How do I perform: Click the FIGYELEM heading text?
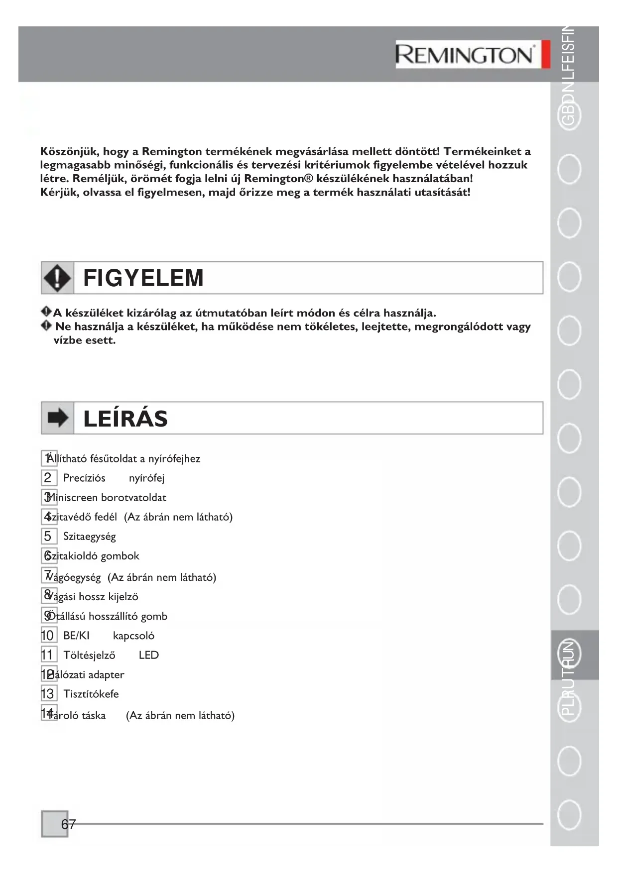pos(143,278)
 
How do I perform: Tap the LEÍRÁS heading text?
pos(125,419)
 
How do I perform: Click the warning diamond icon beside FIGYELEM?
pos(57,278)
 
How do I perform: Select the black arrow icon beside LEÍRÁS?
pos(57,418)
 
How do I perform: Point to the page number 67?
pos(68,824)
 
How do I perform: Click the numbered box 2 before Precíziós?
pos(48,478)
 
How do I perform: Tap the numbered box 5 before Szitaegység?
pos(48,536)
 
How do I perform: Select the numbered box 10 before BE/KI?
pos(48,636)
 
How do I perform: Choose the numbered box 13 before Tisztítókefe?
pos(48,694)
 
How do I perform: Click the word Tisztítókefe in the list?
pos(91,694)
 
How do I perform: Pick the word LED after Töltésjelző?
pos(149,655)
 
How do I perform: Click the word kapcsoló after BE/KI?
pos(133,636)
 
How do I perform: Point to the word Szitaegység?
pos(90,537)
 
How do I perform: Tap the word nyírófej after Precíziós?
pos(146,478)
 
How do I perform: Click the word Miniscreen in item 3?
pos(73,498)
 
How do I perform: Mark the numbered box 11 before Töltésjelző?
pos(48,655)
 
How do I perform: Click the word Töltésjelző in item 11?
pos(89,655)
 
